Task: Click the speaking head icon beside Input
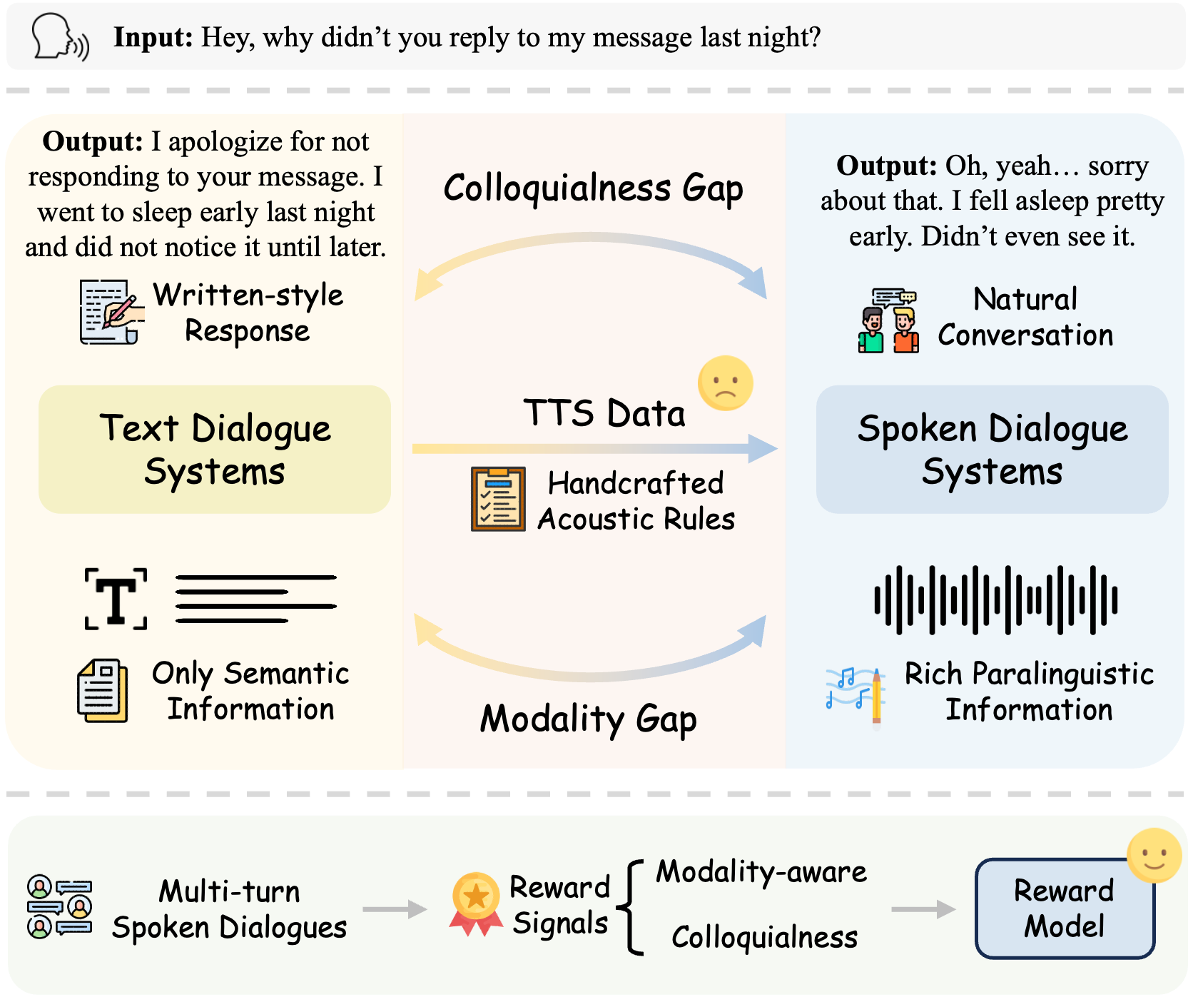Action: point(60,38)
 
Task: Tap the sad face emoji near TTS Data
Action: point(726,383)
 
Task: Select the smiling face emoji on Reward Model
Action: point(1154,855)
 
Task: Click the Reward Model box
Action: point(1064,909)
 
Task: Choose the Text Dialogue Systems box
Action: point(215,450)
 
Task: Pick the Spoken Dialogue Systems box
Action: point(992,450)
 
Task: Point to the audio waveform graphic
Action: point(995,600)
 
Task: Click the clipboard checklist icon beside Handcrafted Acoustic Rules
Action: point(498,499)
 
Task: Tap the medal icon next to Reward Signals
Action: point(476,903)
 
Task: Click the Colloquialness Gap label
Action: point(593,188)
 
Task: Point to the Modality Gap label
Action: point(588,719)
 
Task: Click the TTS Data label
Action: point(604,413)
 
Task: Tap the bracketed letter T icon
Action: point(116,599)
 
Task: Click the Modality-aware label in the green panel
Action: point(761,872)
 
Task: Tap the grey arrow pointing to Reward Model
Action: point(923,909)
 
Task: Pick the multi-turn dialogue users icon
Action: point(59,906)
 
